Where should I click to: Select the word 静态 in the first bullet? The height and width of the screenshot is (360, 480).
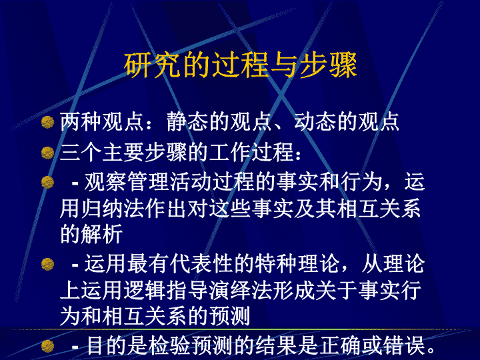[187, 122]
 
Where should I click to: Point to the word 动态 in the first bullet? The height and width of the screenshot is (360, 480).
[315, 122]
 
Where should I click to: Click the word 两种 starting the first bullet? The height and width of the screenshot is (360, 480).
[81, 122]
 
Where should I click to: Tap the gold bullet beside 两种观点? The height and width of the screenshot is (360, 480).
[48, 122]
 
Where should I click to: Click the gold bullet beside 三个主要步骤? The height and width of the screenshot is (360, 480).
[48, 153]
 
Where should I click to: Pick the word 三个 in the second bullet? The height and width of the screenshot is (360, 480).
[81, 152]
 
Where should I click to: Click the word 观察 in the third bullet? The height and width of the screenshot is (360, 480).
[105, 182]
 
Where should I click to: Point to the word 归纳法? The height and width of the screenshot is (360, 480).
[113, 209]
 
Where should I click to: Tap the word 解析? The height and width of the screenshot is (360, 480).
[102, 235]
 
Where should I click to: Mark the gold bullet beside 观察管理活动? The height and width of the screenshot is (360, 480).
[48, 182]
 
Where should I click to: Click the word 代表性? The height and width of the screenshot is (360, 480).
[201, 263]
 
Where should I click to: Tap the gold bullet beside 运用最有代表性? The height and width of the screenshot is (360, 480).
[48, 264]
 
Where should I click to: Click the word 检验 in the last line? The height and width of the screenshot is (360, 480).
[169, 345]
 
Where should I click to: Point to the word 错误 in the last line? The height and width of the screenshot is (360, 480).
[404, 345]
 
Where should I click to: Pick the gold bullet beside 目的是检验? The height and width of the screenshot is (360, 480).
[48, 346]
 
